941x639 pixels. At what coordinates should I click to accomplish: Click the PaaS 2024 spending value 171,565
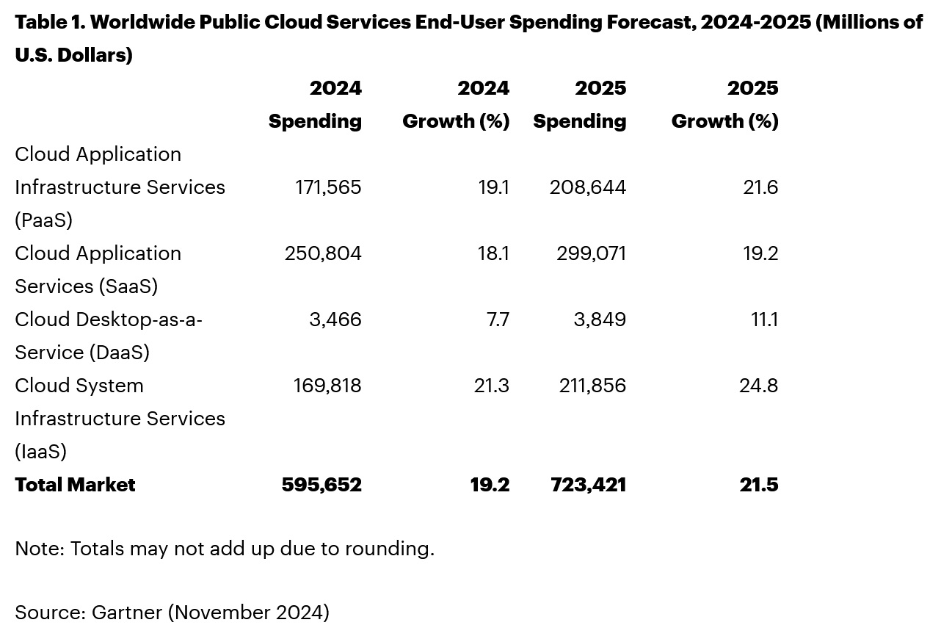coord(328,187)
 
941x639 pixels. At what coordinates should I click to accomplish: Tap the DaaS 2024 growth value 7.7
coord(498,319)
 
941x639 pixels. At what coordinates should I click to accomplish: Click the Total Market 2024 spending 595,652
coord(321,485)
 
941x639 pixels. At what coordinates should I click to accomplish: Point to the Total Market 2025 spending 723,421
coord(588,485)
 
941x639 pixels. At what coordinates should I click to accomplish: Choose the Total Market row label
coord(75,485)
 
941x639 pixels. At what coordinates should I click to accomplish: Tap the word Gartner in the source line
coord(127,612)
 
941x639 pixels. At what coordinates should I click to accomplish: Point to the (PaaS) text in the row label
coord(43,220)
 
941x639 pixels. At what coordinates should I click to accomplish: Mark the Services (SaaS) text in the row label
coord(86,286)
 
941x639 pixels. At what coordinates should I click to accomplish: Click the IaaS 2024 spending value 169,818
coord(327,386)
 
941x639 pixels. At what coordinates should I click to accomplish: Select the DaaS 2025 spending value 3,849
coord(600,319)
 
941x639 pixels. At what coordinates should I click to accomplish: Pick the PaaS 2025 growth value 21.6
coord(760,187)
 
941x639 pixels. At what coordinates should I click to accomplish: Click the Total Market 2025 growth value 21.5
coord(759,485)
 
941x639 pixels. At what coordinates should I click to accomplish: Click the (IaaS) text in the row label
coord(40,452)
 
